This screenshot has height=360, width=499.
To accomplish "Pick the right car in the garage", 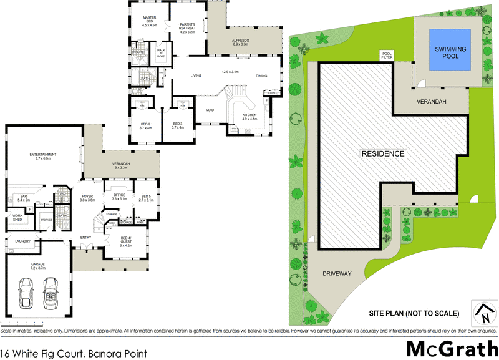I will click(x=52, y=291).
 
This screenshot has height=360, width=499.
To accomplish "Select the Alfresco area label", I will click(x=241, y=42).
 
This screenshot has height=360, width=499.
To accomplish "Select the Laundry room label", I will click(x=22, y=241).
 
